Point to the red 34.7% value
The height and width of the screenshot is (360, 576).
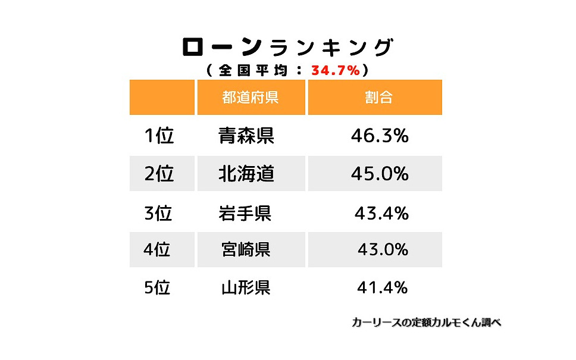point(336,70)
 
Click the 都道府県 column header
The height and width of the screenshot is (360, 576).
point(251,98)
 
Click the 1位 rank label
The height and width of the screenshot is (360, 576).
point(159,136)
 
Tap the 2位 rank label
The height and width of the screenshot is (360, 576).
point(159,174)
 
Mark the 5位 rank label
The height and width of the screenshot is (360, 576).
point(157,288)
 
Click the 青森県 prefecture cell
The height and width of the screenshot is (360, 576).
point(246,136)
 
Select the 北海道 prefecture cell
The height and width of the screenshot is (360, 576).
point(246,174)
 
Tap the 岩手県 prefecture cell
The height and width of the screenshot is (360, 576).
point(245,213)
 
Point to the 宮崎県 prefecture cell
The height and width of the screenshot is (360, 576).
point(245,249)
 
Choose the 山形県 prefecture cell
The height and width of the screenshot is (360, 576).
point(246,288)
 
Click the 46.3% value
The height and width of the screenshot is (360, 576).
point(380,136)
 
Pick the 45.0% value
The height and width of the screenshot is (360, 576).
point(380,174)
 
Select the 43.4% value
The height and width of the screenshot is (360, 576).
point(381,213)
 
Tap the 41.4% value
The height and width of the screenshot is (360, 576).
point(382,288)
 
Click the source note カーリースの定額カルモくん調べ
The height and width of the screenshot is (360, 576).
point(426,323)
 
